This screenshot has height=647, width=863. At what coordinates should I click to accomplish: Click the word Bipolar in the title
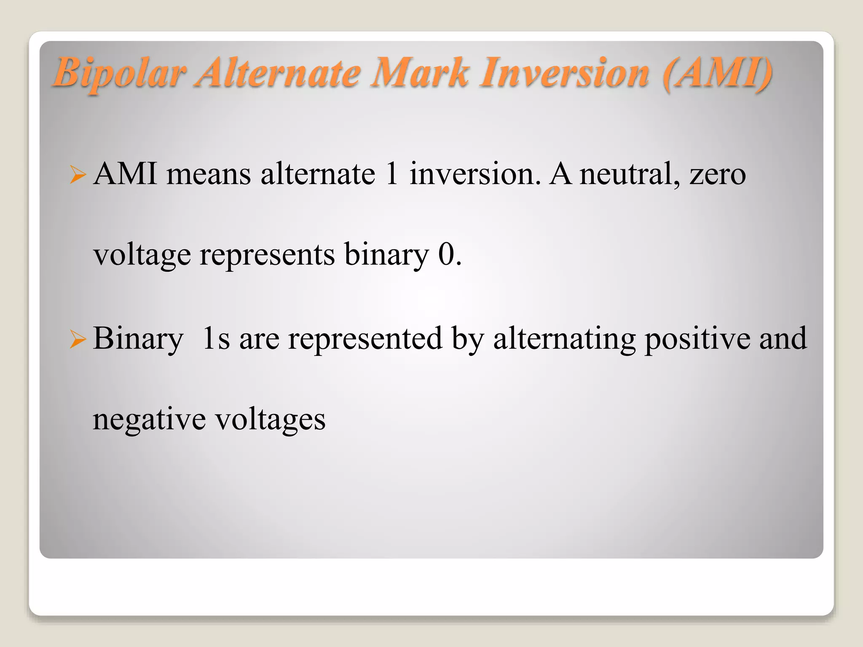pos(120,73)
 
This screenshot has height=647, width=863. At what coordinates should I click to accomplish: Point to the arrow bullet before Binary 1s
pos(78,340)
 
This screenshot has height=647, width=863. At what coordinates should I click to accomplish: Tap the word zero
pos(718,174)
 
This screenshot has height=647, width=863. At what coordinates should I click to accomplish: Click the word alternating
pos(564,339)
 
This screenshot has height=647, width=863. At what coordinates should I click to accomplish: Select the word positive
pos(697,339)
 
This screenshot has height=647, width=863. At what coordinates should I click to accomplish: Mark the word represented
pos(365,339)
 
